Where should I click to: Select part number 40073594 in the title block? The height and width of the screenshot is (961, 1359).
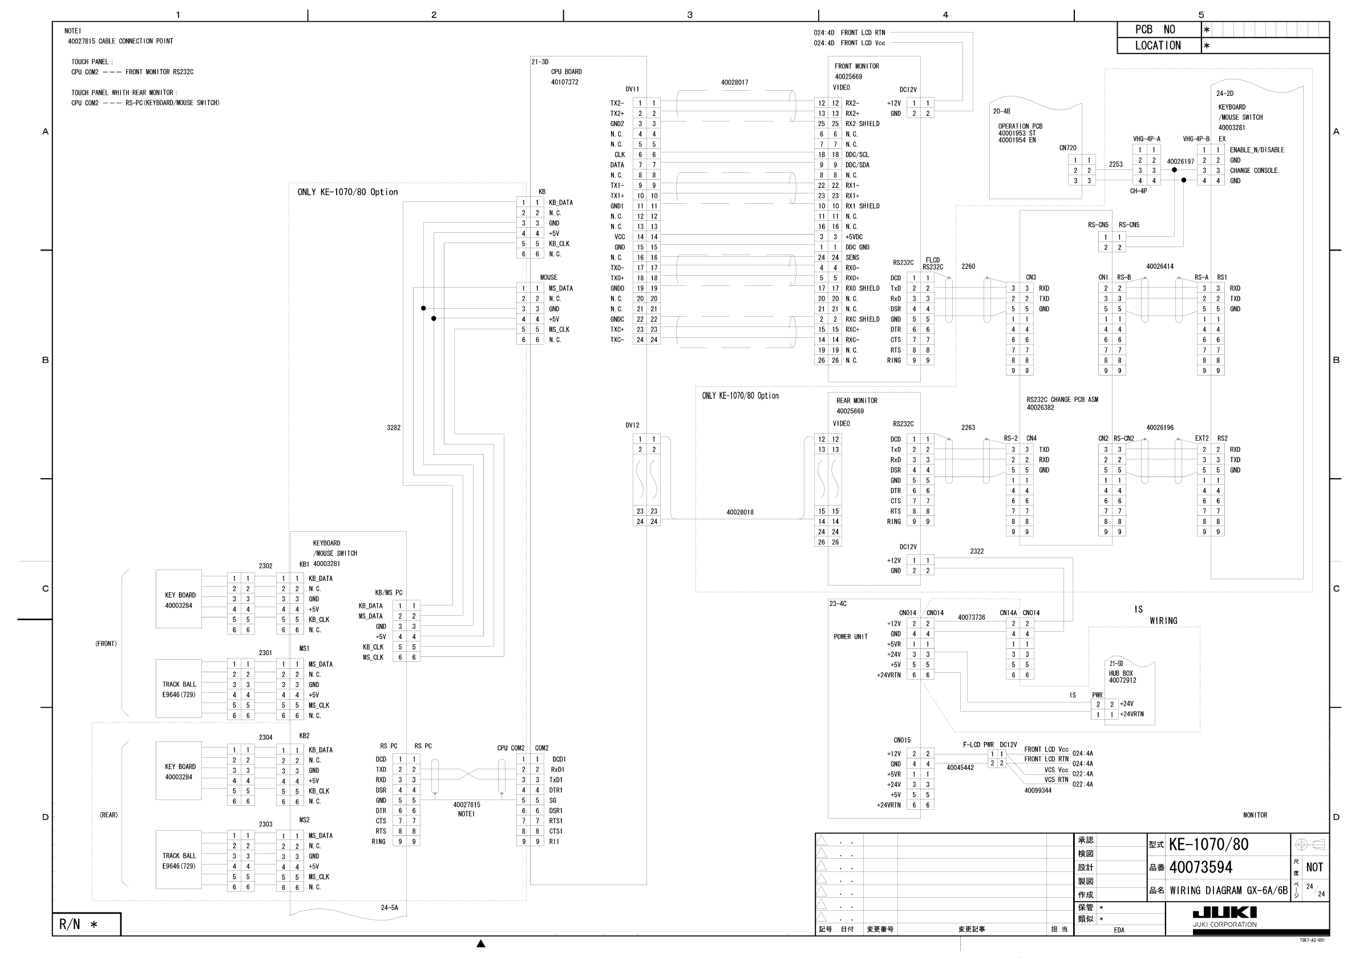pyautogui.click(x=1200, y=867)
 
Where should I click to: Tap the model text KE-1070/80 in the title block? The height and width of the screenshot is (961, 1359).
pyautogui.click(x=1208, y=845)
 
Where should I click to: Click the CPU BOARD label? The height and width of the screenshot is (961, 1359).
pyautogui.click(x=567, y=72)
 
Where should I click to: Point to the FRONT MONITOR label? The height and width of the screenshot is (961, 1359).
pyautogui.click(x=856, y=66)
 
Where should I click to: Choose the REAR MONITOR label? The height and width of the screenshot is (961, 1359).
pyautogui.click(x=856, y=401)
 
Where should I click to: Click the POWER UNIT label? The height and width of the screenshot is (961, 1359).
pyautogui.click(x=851, y=637)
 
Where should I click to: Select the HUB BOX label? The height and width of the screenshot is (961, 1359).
pyautogui.click(x=1121, y=673)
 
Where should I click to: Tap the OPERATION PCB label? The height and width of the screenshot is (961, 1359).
pyautogui.click(x=1020, y=126)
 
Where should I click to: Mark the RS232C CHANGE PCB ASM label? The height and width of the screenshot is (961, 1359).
pyautogui.click(x=1062, y=399)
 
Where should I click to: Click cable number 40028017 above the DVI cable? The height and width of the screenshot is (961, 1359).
pyautogui.click(x=734, y=83)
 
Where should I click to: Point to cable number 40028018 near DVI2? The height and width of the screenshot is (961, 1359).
pyautogui.click(x=740, y=512)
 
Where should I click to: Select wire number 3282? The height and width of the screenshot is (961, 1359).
pyautogui.click(x=394, y=427)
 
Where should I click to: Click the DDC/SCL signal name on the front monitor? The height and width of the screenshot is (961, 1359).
pyautogui.click(x=857, y=155)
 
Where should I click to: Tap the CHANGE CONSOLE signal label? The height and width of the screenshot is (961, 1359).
pyautogui.click(x=1253, y=171)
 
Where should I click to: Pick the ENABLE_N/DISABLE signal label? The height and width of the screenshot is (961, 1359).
pyautogui.click(x=1257, y=150)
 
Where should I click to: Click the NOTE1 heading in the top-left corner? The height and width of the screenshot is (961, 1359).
pyautogui.click(x=73, y=31)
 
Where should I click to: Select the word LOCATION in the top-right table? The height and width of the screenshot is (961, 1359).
pyautogui.click(x=1157, y=46)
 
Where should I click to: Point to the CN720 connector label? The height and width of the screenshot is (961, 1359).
pyautogui.click(x=1068, y=148)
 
